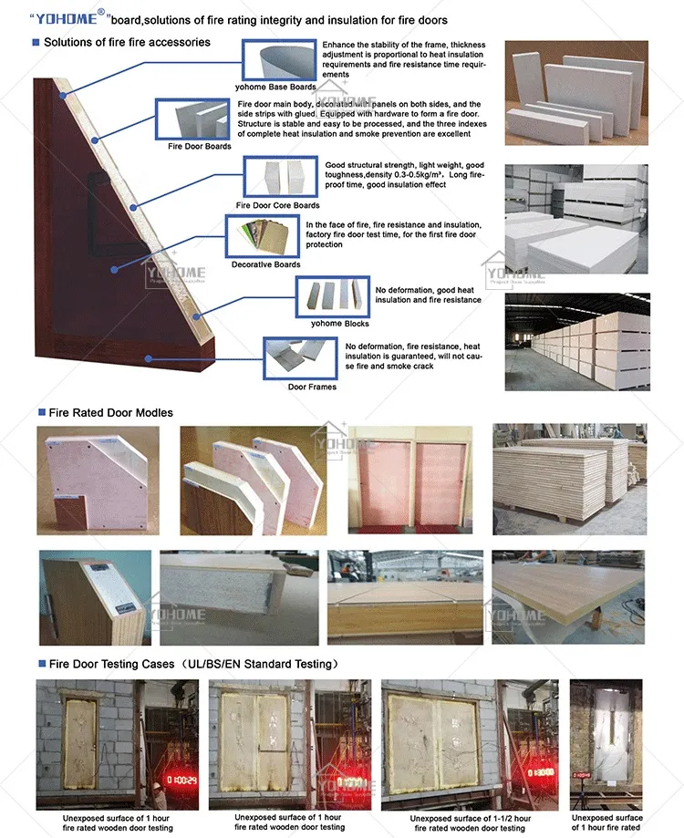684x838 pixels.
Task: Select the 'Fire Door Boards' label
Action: click(200, 146)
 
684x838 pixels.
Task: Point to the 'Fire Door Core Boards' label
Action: click(277, 205)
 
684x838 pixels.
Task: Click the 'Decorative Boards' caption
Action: click(265, 264)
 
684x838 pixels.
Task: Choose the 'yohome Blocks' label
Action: click(339, 323)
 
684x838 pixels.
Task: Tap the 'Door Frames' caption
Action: click(312, 387)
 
